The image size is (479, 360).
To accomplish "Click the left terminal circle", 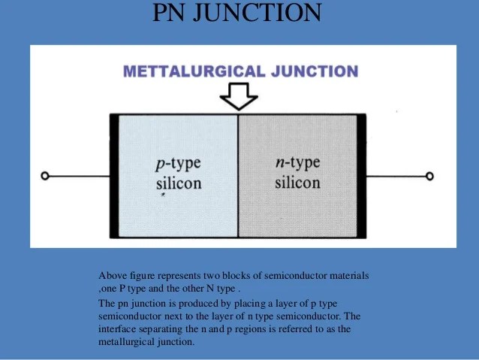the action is click(45, 176).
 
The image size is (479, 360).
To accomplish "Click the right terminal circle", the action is click(429, 176).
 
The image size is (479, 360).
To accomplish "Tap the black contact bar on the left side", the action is click(115, 176).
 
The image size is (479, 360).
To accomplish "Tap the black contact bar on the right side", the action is click(361, 176).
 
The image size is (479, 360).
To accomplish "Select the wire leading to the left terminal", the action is click(79, 176).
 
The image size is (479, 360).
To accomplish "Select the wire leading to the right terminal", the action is click(396, 176).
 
